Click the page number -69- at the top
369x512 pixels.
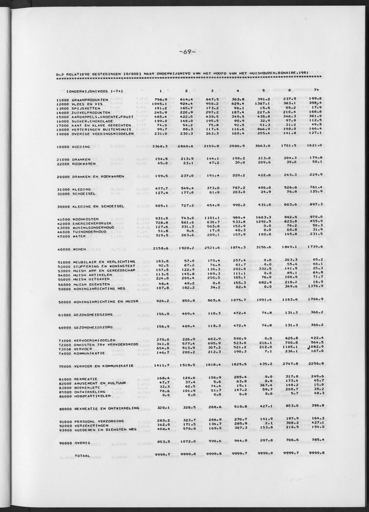185,51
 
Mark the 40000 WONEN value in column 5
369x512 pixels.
264,249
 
